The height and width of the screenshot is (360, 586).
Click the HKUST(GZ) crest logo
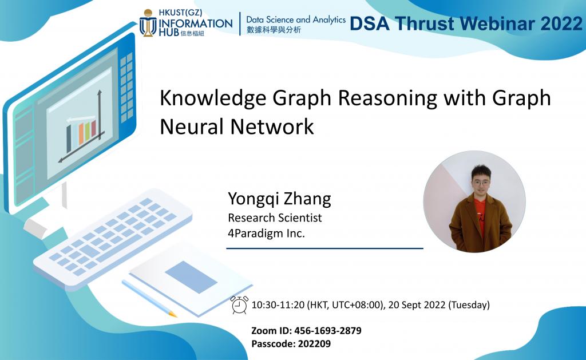148,23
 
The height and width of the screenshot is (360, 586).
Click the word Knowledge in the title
209,98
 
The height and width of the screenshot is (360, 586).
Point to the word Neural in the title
191,126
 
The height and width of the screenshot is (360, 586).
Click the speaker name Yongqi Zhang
279,199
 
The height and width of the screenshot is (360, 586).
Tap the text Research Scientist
275,217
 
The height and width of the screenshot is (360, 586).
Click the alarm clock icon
239,305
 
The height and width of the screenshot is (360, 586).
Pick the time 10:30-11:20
278,304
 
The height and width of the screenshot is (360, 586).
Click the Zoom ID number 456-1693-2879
328,331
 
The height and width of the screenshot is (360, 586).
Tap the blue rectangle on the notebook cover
191,276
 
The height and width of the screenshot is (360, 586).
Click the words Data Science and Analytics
296,19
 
